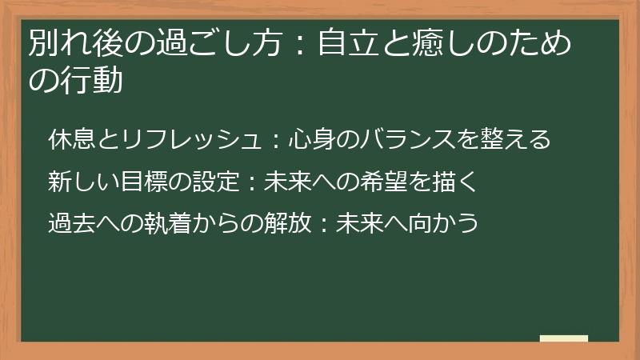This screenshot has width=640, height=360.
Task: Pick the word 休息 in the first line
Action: (71, 140)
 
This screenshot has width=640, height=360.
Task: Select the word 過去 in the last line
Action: (71, 222)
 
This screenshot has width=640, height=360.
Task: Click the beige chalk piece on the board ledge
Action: (563, 338)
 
